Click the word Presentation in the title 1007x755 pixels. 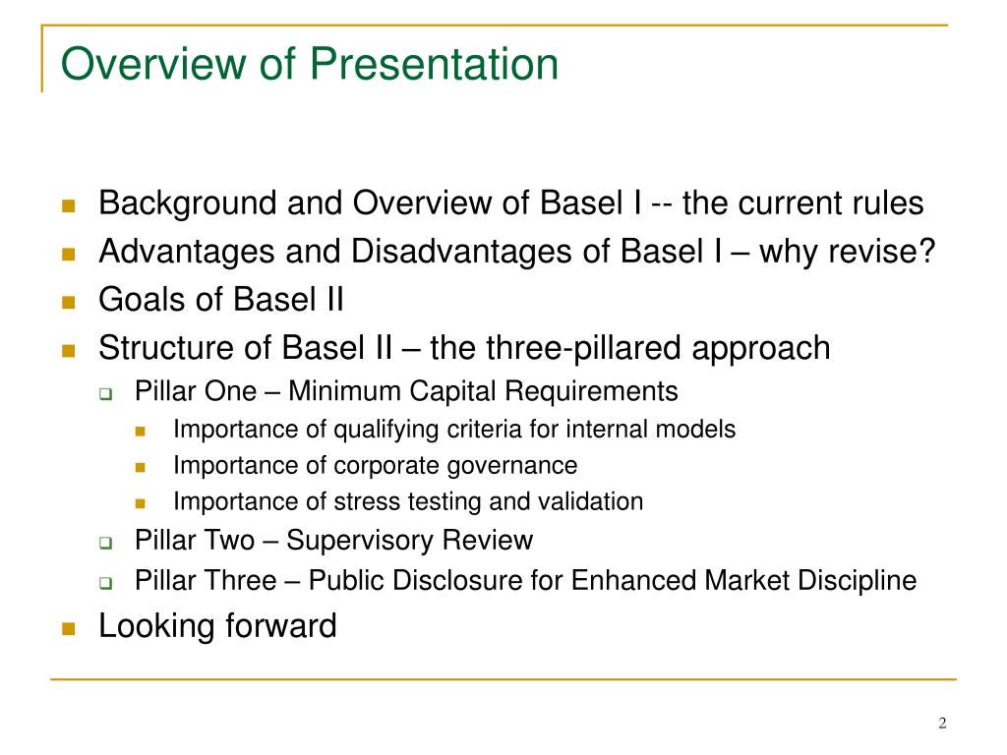click(434, 64)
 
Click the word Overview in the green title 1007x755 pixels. click(153, 64)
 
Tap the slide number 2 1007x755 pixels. click(942, 723)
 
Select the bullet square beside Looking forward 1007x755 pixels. click(69, 628)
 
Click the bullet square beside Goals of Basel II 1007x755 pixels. click(69, 302)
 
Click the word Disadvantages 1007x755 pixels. click(461, 251)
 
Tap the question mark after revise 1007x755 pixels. click(926, 251)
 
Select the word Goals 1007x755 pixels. click(142, 299)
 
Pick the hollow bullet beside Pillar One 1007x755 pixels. click(106, 393)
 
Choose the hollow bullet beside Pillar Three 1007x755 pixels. click(106, 583)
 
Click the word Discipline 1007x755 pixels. click(857, 580)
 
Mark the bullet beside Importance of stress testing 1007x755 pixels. click(141, 503)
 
